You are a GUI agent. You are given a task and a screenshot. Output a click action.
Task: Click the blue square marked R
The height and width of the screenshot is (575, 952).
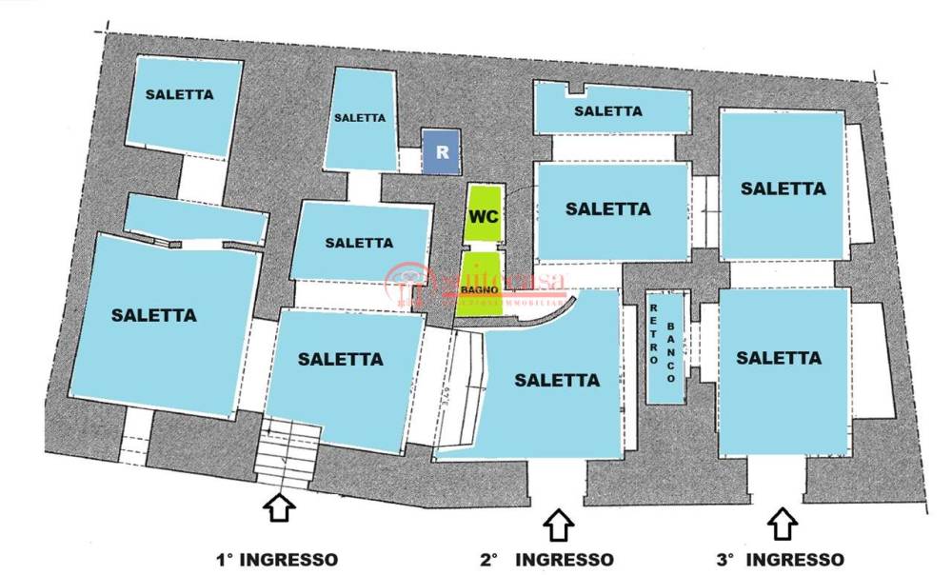pyautogui.click(x=441, y=152)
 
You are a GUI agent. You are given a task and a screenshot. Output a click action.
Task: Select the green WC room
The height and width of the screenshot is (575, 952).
pyautogui.click(x=483, y=215)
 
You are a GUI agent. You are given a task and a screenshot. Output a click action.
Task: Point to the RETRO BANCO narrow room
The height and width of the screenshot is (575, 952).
pyautogui.click(x=664, y=347)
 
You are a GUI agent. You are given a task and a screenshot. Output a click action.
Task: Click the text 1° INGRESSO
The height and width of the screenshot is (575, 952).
pyautogui.click(x=275, y=560)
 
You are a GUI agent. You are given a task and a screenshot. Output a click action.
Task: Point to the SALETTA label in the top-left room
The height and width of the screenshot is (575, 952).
pyautogui.click(x=179, y=95)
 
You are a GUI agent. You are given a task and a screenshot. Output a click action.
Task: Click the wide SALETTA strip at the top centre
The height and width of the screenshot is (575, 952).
pyautogui.click(x=609, y=110)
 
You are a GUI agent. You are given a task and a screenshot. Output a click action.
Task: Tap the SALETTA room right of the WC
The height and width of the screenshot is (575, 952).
pyautogui.click(x=609, y=209)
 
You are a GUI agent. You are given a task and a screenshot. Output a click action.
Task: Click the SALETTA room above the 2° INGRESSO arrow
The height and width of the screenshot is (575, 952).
pyautogui.click(x=557, y=381)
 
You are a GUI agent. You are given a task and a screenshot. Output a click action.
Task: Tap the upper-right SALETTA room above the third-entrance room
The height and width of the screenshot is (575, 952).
pyautogui.click(x=783, y=186)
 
